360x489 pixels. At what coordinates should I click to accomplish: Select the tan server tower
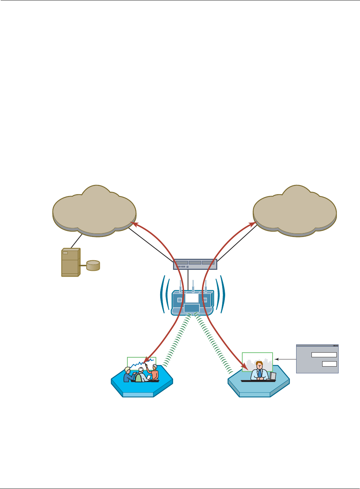(70, 262)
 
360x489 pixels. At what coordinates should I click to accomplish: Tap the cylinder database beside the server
(93, 265)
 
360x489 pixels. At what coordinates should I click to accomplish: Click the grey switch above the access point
(195, 264)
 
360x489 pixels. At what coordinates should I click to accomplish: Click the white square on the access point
(192, 298)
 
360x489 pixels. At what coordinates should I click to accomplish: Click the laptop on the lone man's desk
(273, 376)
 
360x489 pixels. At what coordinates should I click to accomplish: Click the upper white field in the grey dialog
(324, 355)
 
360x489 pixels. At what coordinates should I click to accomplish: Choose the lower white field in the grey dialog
(329, 364)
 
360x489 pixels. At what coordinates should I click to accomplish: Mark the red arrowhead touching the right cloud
(254, 224)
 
